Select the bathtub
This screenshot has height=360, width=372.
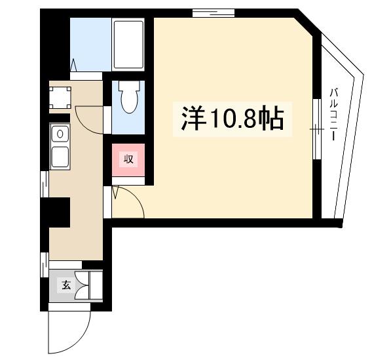[x=128, y=44]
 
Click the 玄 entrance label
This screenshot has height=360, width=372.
[x=66, y=285]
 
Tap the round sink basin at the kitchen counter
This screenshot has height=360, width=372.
[x=60, y=134]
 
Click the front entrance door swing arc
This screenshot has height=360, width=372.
[x=69, y=330]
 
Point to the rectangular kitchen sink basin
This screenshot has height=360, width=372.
[x=61, y=156]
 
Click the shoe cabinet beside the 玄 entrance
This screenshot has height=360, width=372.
[x=96, y=285]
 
